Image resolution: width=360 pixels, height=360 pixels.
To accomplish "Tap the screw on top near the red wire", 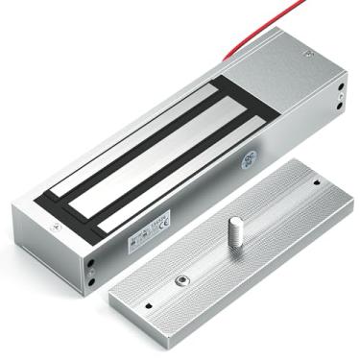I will click(x=308, y=55).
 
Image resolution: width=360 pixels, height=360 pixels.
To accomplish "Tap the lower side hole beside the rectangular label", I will click(x=92, y=282).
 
